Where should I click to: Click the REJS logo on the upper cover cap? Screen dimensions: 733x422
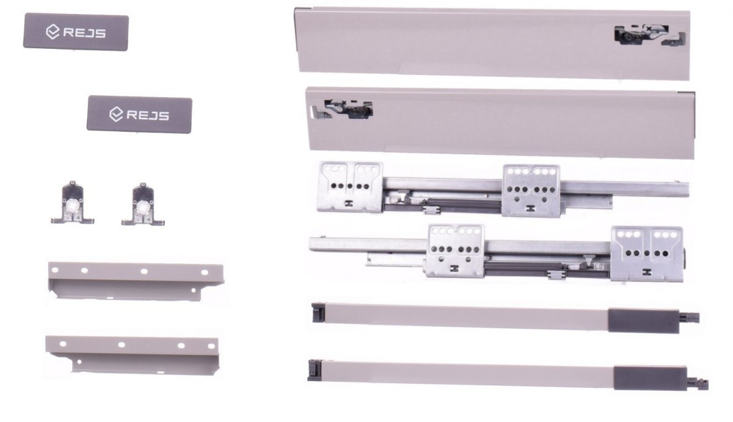coord(76,32)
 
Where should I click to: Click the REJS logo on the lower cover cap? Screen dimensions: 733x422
coord(139,115)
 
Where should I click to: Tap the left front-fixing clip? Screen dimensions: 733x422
coord(73,203)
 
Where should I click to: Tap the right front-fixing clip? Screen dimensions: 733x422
coord(143,204)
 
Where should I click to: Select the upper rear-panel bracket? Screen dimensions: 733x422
coord(136,281)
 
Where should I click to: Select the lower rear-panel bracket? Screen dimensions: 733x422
coord(132,356)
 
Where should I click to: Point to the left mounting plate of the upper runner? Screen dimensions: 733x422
coord(350,187)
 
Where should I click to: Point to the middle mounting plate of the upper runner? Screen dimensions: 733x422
coord(531,190)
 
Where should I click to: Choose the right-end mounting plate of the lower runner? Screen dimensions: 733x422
coord(647,254)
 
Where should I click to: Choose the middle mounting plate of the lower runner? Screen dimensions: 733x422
coord(456,251)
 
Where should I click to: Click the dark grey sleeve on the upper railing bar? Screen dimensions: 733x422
coord(643,320)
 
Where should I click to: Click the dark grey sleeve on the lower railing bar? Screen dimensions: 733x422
coord(650,378)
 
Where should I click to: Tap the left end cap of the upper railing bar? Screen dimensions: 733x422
coord(318,313)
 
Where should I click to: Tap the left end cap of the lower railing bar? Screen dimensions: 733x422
coord(315,370)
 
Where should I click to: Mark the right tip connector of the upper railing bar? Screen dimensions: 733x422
coord(690,317)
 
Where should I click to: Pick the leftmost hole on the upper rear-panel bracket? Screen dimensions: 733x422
coord(55,270)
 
